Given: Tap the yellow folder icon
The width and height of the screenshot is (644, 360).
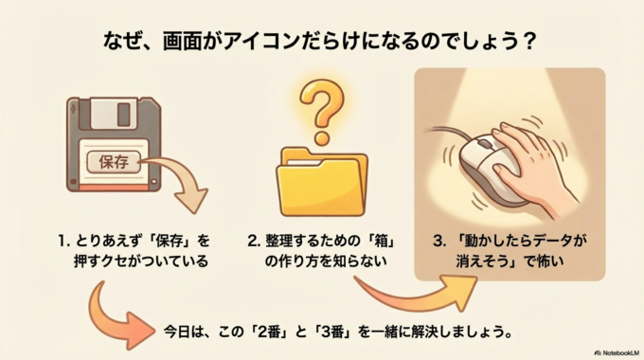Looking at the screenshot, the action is click(x=323, y=180).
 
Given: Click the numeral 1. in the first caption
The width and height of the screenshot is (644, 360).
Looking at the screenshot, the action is click(x=67, y=239).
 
